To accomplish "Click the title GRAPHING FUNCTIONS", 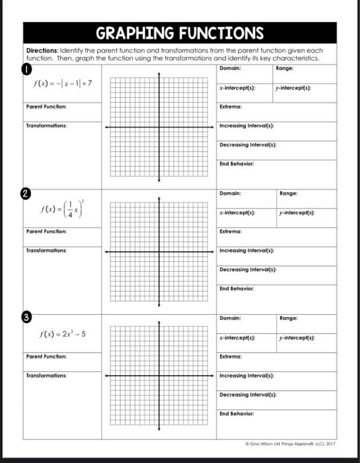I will click(x=180, y=33).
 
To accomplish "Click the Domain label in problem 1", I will click(x=230, y=68).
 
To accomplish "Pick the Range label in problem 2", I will click(x=289, y=194).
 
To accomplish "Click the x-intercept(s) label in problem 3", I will click(x=238, y=338).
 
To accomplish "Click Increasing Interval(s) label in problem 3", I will click(x=247, y=375).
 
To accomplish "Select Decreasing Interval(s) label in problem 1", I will click(x=247, y=144).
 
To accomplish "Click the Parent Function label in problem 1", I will click(x=46, y=106).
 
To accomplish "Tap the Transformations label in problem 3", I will click(x=46, y=375).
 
